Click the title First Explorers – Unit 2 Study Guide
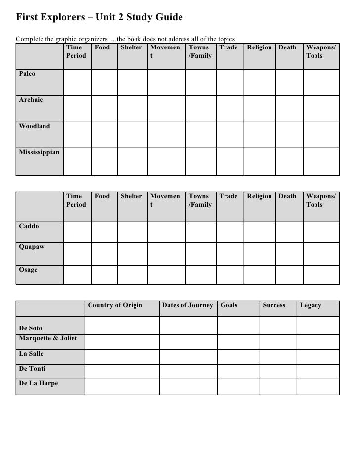(x=99, y=18)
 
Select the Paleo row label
(x=27, y=74)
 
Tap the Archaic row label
(x=31, y=100)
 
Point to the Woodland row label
(x=35, y=126)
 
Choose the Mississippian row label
(x=39, y=152)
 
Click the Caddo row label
(x=29, y=226)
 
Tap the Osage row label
(x=28, y=270)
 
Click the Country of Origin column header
(x=115, y=305)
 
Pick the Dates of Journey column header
(x=187, y=305)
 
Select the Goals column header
(x=229, y=305)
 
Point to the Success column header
(x=274, y=305)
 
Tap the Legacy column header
(x=311, y=305)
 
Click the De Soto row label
(x=31, y=328)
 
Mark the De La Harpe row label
(x=38, y=383)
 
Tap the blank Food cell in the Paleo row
(x=104, y=82)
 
